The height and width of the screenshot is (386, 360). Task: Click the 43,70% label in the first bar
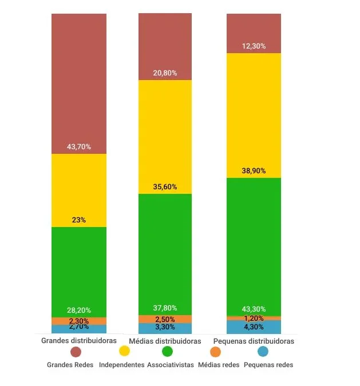79,147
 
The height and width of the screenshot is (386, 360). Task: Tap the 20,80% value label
165,73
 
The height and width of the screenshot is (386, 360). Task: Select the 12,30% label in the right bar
254,46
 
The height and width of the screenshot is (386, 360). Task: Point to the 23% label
79,220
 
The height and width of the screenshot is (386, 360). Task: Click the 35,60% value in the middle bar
165,187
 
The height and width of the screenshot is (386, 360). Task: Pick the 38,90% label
254,171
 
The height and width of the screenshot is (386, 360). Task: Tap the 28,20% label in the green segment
79,311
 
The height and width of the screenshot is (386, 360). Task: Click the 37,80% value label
165,308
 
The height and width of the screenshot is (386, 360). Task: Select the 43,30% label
254,309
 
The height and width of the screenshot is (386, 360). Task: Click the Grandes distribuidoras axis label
79,340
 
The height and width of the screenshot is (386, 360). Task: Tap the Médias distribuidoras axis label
165,341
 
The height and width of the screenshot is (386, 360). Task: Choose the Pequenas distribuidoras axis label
254,341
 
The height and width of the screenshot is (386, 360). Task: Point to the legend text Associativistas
171,365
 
